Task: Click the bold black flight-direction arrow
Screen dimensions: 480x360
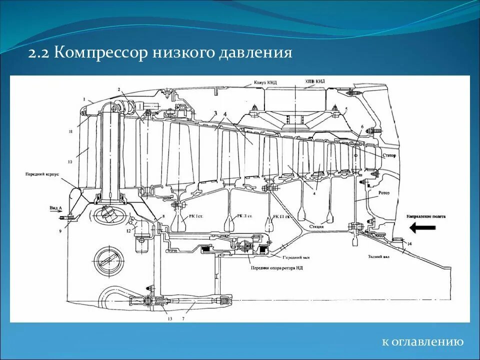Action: coord(422,228)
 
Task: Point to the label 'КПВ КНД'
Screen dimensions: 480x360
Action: coord(314,80)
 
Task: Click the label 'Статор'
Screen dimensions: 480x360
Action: coord(388,155)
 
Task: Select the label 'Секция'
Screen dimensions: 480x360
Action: coord(315,226)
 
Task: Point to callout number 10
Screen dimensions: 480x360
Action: coord(70,162)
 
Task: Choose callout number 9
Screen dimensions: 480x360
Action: coord(61,231)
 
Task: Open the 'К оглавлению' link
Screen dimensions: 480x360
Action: coord(422,342)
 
